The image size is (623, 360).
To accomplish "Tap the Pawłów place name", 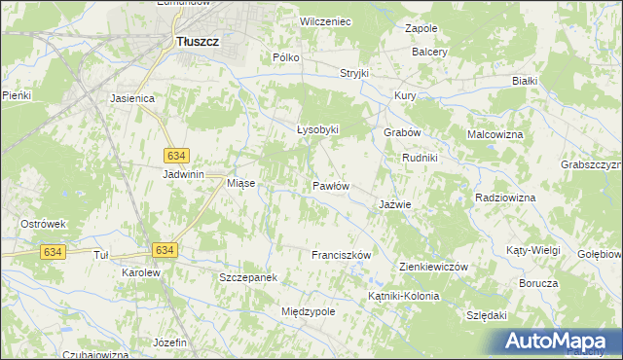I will tap(331, 185).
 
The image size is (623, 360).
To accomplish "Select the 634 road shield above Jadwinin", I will tap(176, 156).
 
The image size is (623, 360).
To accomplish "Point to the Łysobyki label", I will tap(317, 129).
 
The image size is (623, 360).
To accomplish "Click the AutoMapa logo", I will tap(560, 342).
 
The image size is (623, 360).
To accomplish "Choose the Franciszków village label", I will tap(342, 255).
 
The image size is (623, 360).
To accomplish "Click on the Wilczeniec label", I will tap(325, 20).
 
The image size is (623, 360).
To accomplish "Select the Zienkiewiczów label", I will tap(435, 267).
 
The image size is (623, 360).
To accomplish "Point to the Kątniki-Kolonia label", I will tap(404, 296).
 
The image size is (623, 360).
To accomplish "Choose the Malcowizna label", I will tap(495, 134).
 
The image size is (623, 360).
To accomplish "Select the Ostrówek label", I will tap(43, 224).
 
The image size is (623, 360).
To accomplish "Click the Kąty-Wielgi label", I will tap(533, 250).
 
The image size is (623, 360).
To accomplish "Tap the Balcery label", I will tap(429, 51).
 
